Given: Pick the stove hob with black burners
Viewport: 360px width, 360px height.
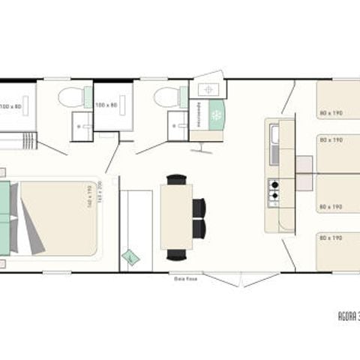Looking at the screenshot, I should (x=274, y=193).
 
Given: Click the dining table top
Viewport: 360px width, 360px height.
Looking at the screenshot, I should (x=176, y=217).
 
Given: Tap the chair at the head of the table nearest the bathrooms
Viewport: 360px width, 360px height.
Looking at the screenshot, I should (x=176, y=179).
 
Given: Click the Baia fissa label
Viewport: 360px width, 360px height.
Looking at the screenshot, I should (x=181, y=277).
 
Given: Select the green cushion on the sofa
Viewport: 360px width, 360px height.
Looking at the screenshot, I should (x=131, y=256).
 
